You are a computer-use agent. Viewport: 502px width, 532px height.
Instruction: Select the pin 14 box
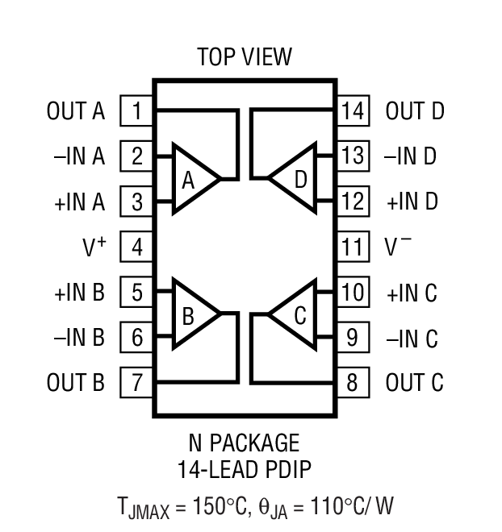pos(352,110)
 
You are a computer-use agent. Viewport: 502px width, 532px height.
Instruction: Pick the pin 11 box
pos(352,246)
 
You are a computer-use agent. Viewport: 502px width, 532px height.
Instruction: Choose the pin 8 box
pos(352,382)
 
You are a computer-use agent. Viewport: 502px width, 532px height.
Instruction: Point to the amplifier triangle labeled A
pos(192,179)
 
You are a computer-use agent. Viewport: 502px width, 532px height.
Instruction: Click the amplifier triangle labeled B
pos(192,314)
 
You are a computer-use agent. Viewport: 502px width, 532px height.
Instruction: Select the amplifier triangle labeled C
pos(295,314)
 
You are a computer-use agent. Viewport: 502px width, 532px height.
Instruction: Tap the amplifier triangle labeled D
pos(295,179)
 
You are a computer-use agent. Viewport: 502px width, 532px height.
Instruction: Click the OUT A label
pos(76,111)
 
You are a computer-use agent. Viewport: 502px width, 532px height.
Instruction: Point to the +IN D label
pos(412,202)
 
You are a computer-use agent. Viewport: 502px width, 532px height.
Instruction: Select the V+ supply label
pos(94,247)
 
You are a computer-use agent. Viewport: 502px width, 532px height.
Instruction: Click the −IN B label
pos(79,338)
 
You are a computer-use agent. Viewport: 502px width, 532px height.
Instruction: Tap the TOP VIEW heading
pos(245,57)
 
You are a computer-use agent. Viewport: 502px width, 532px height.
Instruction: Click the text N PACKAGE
pos(244,443)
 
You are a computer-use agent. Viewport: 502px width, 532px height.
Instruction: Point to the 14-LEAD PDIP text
pos(244,468)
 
